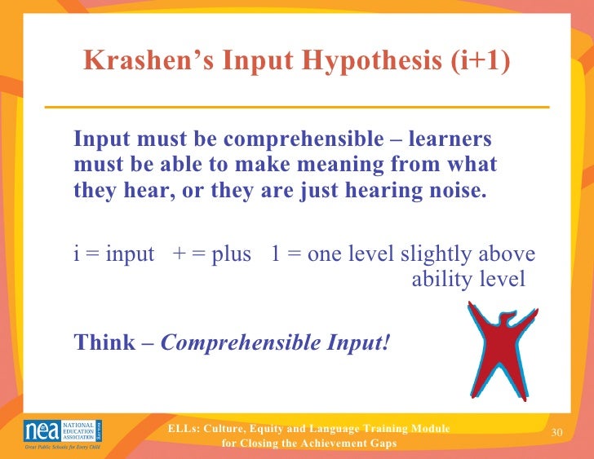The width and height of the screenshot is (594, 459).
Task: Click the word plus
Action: click(x=228, y=254)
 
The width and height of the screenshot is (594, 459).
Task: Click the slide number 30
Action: click(x=558, y=431)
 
